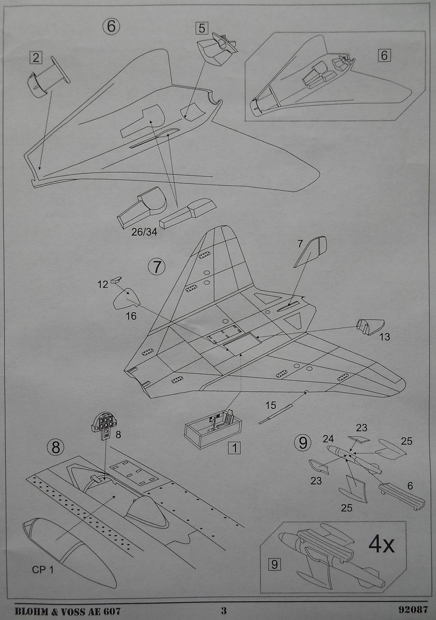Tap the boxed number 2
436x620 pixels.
point(36,57)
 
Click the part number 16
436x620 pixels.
point(131,316)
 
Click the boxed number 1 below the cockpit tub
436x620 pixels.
point(235,447)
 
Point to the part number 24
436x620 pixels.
point(329,440)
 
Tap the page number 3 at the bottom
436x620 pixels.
point(224,611)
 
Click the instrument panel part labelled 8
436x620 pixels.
point(105,425)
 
